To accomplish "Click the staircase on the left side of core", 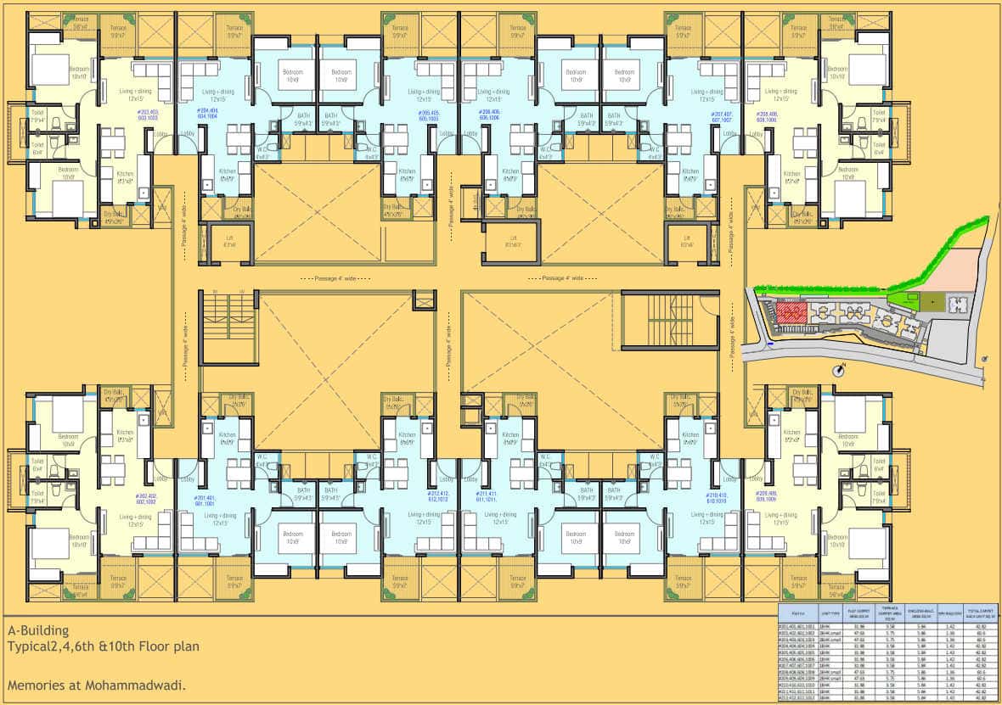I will click(228, 327).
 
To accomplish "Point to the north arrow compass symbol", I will click(843, 367).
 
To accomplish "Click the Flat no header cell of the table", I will click(798, 612).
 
